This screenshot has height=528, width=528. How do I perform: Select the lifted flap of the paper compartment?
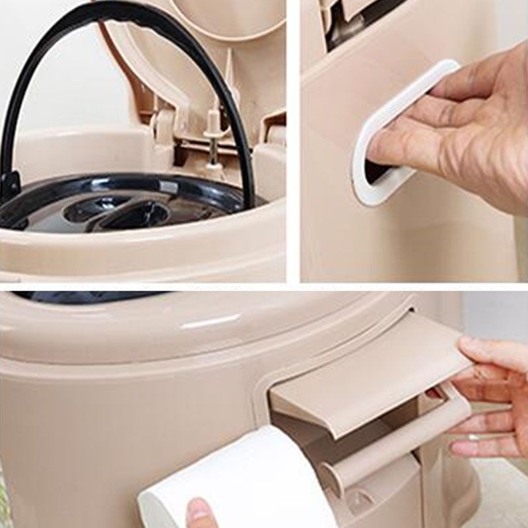click(370, 376)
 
